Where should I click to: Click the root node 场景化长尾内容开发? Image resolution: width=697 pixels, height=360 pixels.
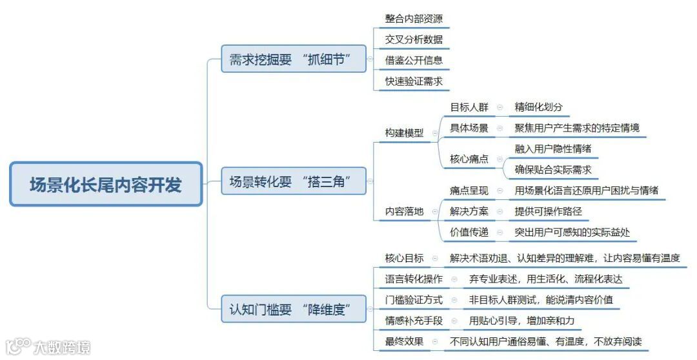pyautogui.click(x=106, y=185)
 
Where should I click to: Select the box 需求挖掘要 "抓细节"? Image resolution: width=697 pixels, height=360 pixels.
pyautogui.click(x=294, y=59)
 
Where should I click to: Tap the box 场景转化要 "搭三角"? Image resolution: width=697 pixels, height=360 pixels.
pyautogui.click(x=294, y=182)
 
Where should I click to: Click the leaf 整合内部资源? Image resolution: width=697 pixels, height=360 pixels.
pyautogui.click(x=414, y=19)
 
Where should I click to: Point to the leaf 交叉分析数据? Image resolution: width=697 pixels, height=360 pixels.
pyautogui.click(x=414, y=40)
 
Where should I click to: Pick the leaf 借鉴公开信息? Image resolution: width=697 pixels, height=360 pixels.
pyautogui.click(x=414, y=61)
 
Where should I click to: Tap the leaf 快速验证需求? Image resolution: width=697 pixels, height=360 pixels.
pyautogui.click(x=414, y=81)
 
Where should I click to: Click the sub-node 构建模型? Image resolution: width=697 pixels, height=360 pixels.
pyautogui.click(x=405, y=133)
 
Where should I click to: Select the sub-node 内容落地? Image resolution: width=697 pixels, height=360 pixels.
pyautogui.click(x=405, y=211)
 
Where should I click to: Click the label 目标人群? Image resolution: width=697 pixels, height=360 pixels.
pyautogui.click(x=469, y=107)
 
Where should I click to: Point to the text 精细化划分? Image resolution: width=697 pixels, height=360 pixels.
pyautogui.click(x=543, y=107)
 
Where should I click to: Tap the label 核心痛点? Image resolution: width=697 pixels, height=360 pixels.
pyautogui.click(x=469, y=159)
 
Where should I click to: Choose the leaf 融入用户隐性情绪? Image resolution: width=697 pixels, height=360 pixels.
pyautogui.click(x=553, y=148)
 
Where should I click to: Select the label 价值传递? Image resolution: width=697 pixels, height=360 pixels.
pyautogui.click(x=469, y=232)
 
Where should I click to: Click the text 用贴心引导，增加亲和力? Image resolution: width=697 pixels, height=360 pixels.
pyautogui.click(x=521, y=321)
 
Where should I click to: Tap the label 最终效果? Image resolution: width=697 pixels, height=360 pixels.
pyautogui.click(x=405, y=341)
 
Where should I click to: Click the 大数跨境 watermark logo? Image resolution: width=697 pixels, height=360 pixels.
pyautogui.click(x=48, y=347)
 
